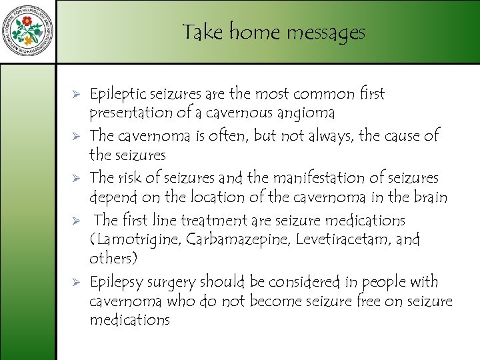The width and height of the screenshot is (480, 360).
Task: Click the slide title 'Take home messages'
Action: [273, 32]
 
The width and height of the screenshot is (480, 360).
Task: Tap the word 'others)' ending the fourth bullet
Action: [112, 258]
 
